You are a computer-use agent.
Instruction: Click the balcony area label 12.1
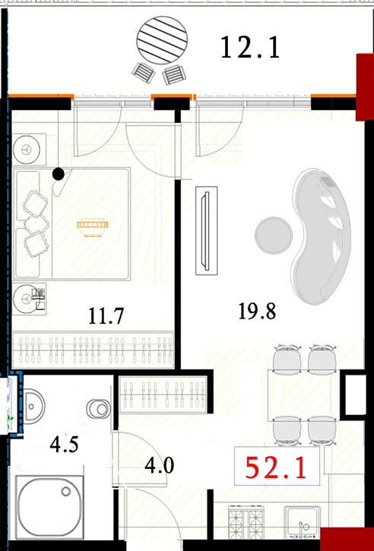250,48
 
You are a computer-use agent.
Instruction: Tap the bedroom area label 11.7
106,316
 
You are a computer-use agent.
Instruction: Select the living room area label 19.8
257,311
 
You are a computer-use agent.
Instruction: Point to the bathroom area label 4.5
64,445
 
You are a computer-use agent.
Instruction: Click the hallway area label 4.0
160,467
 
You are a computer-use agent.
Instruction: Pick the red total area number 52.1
276,468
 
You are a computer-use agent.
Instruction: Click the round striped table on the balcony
162,40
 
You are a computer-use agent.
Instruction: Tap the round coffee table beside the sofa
274,236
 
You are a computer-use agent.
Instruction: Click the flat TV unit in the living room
206,230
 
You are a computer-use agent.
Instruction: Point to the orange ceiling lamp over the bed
93,227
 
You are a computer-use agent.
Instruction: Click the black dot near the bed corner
59,173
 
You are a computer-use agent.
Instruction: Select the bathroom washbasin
33,407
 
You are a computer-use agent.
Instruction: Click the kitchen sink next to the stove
302,522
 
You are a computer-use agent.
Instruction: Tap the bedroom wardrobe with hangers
93,350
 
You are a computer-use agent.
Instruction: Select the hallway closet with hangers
163,394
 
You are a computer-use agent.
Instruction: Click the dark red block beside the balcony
365,87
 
